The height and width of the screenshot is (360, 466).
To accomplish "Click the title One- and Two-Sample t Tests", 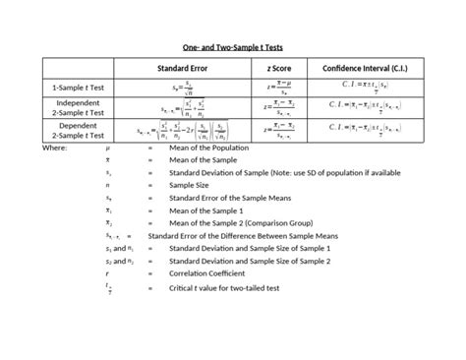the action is coord(233,46).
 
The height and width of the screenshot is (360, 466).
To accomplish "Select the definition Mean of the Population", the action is coord(209,147).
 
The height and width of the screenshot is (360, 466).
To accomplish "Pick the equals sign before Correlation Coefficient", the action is coord(150,274).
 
